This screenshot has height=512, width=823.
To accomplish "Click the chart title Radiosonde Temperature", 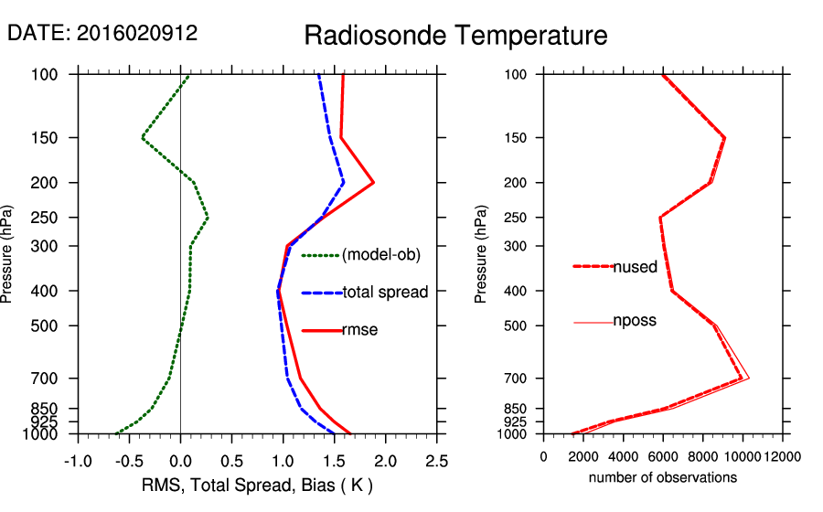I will pyautogui.click(x=455, y=36).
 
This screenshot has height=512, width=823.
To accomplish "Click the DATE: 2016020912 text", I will pyautogui.click(x=102, y=33).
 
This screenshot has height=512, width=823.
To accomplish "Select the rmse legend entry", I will pyautogui.click(x=359, y=330).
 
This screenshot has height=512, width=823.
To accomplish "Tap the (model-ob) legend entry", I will pyautogui.click(x=380, y=255).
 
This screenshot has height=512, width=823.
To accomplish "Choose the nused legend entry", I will pyautogui.click(x=635, y=267).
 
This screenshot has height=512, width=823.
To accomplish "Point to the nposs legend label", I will pyautogui.click(x=635, y=321).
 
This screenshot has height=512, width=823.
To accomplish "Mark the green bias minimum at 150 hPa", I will pyautogui.click(x=143, y=138).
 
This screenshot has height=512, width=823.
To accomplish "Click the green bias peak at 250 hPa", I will pyautogui.click(x=208, y=218).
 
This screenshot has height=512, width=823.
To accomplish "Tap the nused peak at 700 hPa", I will pyautogui.click(x=741, y=378).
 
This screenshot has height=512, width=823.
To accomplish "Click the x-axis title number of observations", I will pyautogui.click(x=662, y=477).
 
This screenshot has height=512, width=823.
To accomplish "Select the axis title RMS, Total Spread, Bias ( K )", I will pyautogui.click(x=256, y=485).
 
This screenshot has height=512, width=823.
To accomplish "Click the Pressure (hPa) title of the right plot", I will pyautogui.click(x=481, y=254).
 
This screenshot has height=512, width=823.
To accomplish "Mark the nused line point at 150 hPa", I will pyautogui.click(x=724, y=138).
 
